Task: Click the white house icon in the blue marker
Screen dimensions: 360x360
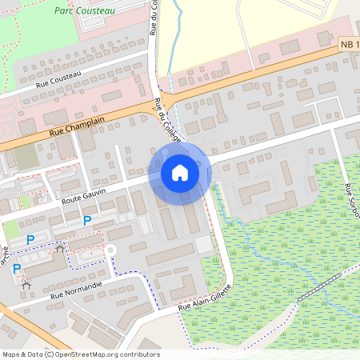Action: pos(179,173)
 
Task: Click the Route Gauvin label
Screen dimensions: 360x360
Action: pos(84,194)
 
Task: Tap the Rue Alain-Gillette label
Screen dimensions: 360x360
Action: pos(206,298)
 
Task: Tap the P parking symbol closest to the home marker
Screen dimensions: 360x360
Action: pos(88,220)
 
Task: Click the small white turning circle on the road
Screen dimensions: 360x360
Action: pos(111,250)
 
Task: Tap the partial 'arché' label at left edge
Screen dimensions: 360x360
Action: pos(4,261)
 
